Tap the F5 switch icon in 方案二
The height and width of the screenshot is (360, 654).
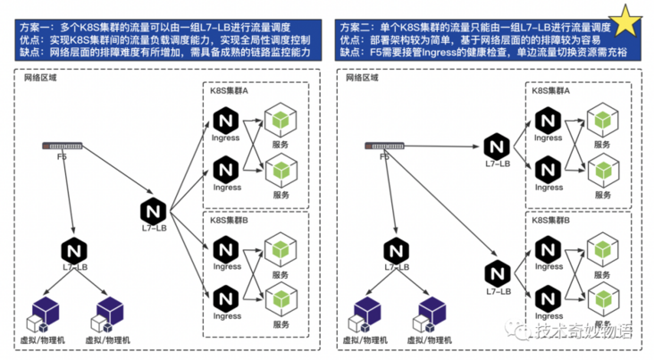click(384, 146)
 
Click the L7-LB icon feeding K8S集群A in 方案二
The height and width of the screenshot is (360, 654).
click(497, 147)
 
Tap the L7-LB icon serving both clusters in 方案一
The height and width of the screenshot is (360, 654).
click(153, 212)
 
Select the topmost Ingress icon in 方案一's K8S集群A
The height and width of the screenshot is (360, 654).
click(226, 119)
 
